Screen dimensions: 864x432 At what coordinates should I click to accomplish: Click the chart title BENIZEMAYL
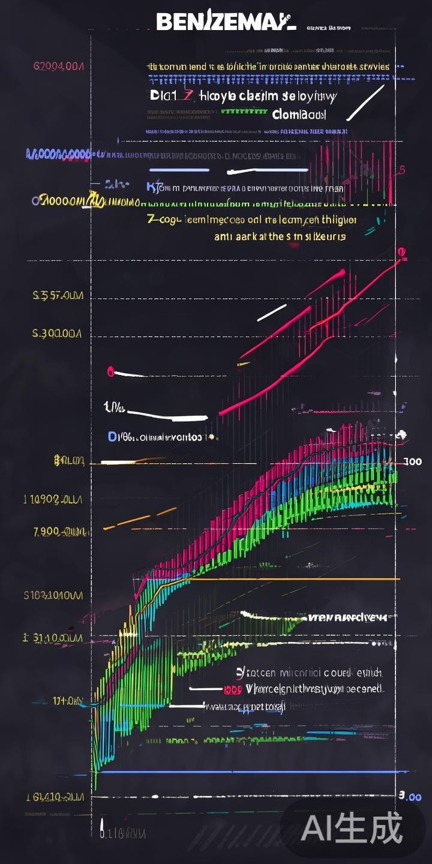(x=226, y=23)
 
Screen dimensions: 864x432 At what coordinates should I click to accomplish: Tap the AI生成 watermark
(x=352, y=829)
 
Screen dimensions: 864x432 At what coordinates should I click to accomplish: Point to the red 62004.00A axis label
(x=58, y=65)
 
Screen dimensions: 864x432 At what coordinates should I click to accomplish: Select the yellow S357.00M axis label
(x=58, y=296)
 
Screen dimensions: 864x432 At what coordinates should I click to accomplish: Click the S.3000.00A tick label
(x=57, y=334)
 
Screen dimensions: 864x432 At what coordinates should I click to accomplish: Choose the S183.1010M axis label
(x=53, y=595)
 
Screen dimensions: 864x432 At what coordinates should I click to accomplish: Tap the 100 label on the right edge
(x=412, y=462)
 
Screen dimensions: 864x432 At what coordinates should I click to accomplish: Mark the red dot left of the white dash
(x=110, y=371)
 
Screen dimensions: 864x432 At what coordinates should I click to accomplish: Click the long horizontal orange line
(x=288, y=579)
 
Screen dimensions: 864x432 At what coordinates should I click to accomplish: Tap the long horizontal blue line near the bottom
(x=252, y=772)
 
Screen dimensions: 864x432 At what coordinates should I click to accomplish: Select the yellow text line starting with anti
(x=280, y=236)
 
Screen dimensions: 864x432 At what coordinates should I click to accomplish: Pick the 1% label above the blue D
(x=115, y=409)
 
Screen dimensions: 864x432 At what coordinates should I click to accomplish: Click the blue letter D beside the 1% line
(x=112, y=437)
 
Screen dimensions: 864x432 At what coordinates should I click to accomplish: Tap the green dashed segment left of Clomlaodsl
(x=244, y=111)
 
